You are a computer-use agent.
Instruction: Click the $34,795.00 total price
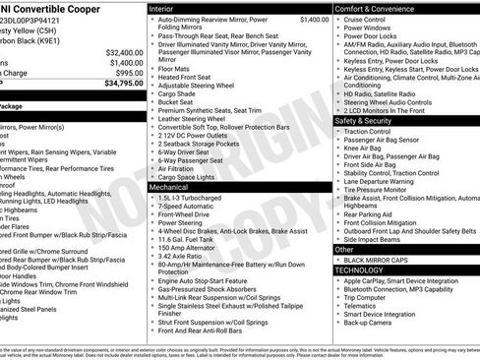pyautogui.click(x=123, y=84)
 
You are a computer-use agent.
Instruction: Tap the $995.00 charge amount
pyautogui.click(x=127, y=73)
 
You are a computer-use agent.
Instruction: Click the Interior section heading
pyautogui.click(x=162, y=8)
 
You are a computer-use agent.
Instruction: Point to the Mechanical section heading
pyautogui.click(x=169, y=186)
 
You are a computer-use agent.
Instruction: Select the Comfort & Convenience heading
pyautogui.click(x=379, y=8)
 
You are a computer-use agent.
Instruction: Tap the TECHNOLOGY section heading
pyautogui.click(x=358, y=270)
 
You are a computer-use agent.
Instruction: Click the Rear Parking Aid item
pyautogui.click(x=369, y=213)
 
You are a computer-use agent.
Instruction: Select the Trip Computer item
pyautogui.click(x=369, y=299)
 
